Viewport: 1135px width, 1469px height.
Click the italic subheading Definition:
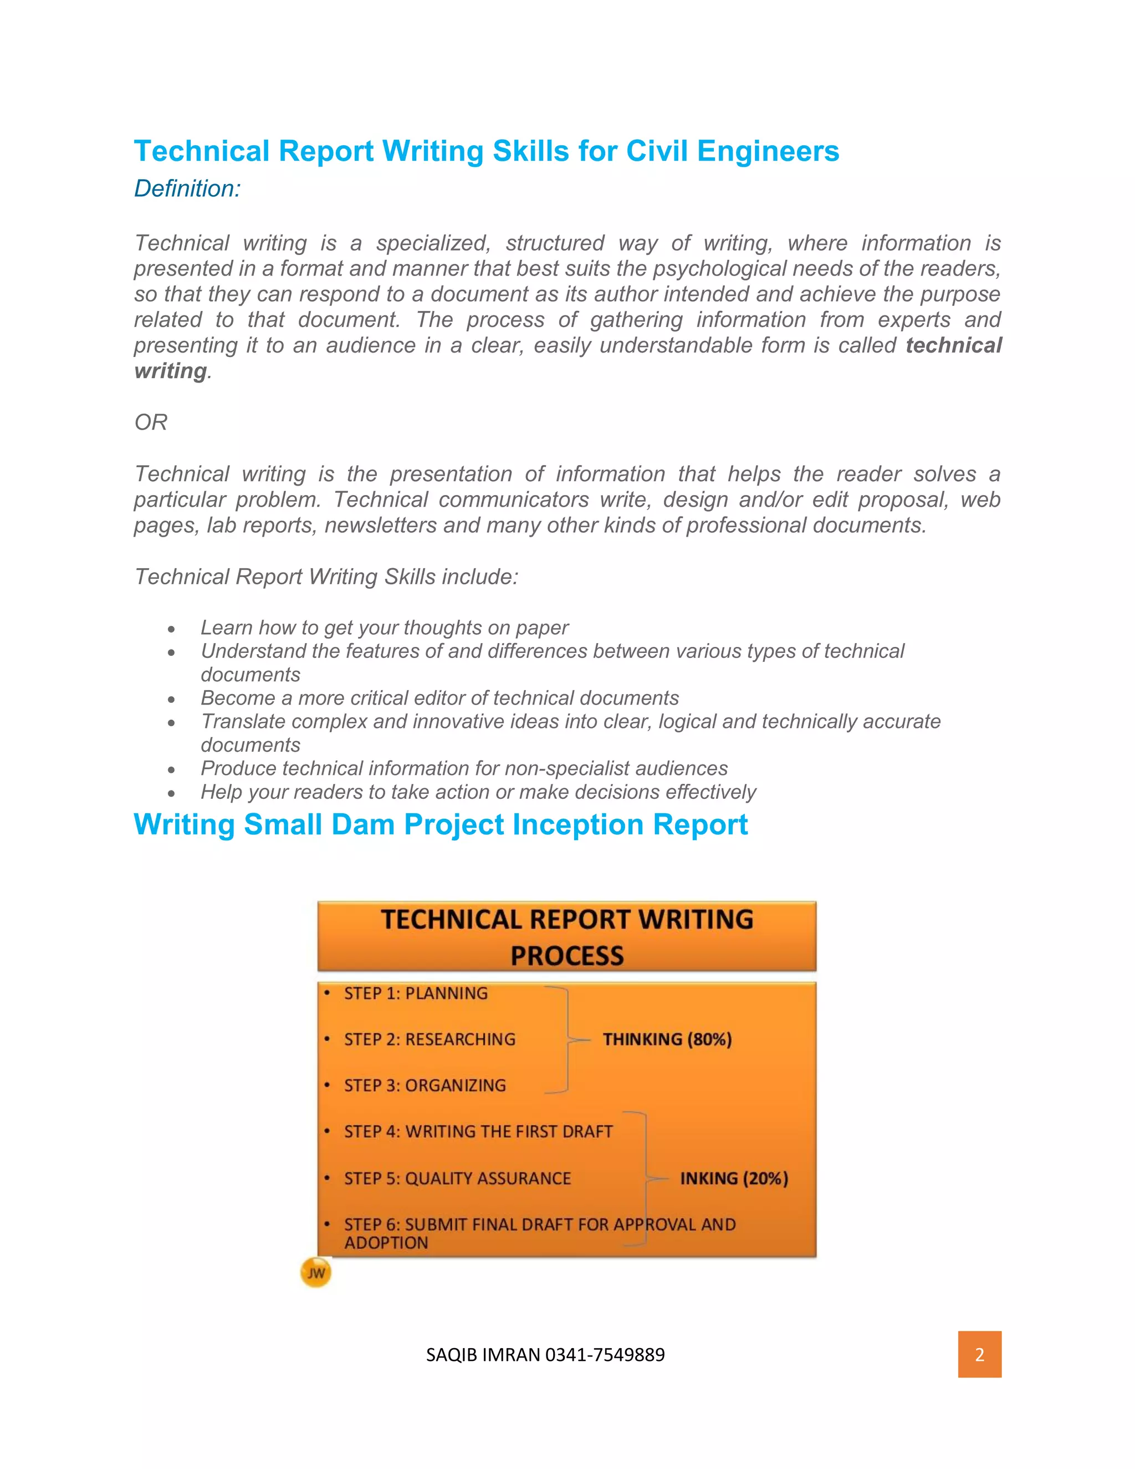pyautogui.click(x=187, y=189)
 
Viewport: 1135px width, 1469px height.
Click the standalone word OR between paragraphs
pyautogui.click(x=151, y=422)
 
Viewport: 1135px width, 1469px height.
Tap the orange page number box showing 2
pyautogui.click(x=979, y=1354)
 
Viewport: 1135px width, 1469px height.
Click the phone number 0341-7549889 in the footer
pyautogui.click(x=605, y=1355)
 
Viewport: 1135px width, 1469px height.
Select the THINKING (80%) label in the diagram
pyautogui.click(x=667, y=1039)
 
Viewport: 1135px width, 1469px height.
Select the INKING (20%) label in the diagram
pyautogui.click(x=734, y=1179)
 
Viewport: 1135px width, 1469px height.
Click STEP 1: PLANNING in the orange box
pyautogui.click(x=416, y=993)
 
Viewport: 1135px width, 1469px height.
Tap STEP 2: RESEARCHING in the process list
pyautogui.click(x=430, y=1039)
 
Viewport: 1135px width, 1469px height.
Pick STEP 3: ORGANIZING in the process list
pyautogui.click(x=425, y=1085)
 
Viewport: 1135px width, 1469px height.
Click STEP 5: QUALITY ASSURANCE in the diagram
pyautogui.click(x=457, y=1179)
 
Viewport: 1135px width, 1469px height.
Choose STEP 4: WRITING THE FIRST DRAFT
pyautogui.click(x=478, y=1132)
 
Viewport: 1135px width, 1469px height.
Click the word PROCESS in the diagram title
pyautogui.click(x=567, y=956)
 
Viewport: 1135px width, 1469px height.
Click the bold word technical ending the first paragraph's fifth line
pyautogui.click(x=953, y=346)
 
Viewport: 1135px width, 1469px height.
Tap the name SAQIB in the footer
pyautogui.click(x=451, y=1355)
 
